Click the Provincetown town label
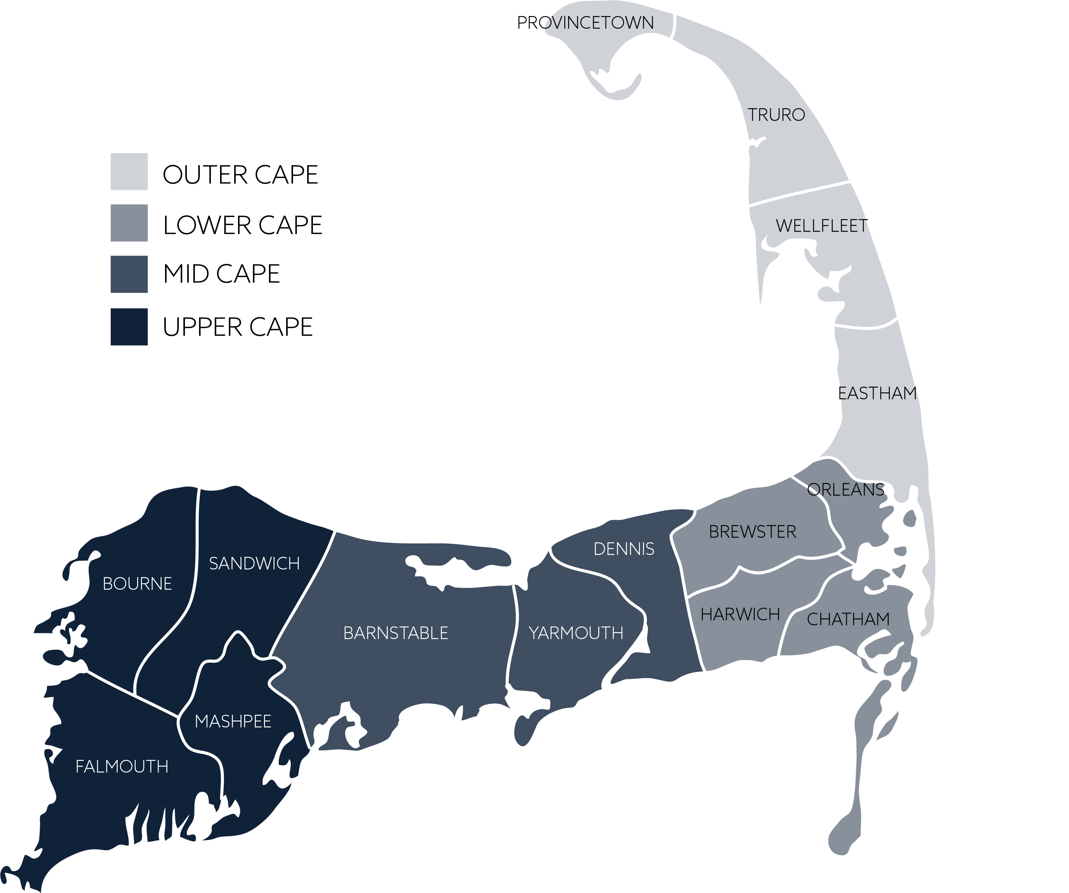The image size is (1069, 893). tap(585, 23)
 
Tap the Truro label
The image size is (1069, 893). tap(776, 115)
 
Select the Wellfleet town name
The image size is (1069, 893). tap(821, 226)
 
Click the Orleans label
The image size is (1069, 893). tap(845, 490)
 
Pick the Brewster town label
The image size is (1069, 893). tap(752, 532)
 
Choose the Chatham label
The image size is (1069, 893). tap(848, 620)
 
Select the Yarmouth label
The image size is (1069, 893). tap(576, 633)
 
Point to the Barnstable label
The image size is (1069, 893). tap(395, 633)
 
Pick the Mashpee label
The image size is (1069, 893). tap(233, 721)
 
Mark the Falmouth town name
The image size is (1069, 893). tap(121, 767)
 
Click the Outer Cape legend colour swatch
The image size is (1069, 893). tap(129, 172)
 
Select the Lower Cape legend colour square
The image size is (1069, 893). tap(129, 223)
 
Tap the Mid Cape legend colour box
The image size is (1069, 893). tap(129, 274)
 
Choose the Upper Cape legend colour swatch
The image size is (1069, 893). tap(129, 327)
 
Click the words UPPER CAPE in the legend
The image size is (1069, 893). tap(237, 327)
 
